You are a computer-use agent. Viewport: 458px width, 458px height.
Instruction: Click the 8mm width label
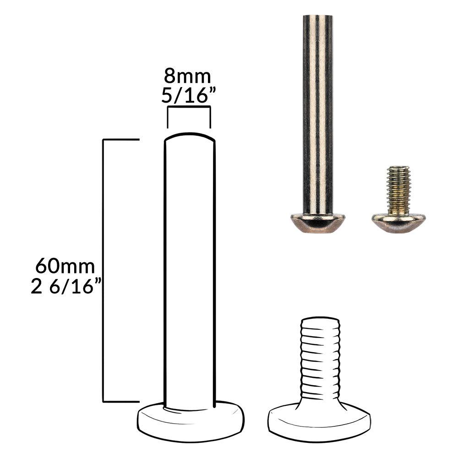coord(187,76)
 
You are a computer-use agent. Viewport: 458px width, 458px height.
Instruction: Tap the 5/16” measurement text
coord(188,95)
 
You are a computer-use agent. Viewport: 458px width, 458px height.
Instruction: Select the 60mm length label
coord(65,266)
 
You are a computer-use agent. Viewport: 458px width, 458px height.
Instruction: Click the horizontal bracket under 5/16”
coord(189,108)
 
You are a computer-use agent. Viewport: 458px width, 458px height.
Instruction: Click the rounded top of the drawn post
coord(190,136)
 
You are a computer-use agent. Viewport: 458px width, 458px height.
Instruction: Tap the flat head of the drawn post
coord(191,421)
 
